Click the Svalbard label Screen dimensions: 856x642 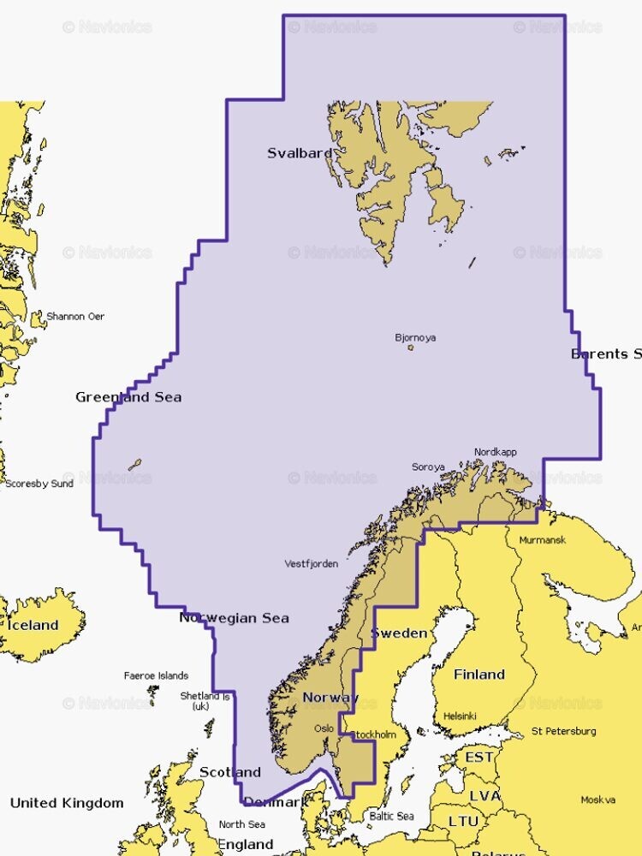point(300,153)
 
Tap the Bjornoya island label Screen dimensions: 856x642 point(415,337)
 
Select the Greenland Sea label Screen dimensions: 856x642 point(128,397)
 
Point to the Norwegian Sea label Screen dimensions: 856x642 point(234,618)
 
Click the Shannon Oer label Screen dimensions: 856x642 point(75,317)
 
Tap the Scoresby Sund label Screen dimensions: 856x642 point(39,484)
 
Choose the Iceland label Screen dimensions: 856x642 point(33,626)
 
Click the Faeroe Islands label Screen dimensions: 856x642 point(156,675)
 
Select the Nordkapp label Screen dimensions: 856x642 point(496,452)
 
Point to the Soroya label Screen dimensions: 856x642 point(428,467)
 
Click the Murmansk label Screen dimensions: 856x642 point(543,540)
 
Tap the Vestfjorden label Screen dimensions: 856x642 point(312,563)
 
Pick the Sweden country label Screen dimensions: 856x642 point(398,633)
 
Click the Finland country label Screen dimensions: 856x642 point(479,675)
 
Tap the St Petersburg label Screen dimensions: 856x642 point(563,731)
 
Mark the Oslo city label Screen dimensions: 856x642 point(324,728)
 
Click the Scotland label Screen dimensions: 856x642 point(229,772)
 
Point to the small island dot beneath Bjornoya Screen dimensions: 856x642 point(411,348)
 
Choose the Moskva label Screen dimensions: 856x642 point(597,800)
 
